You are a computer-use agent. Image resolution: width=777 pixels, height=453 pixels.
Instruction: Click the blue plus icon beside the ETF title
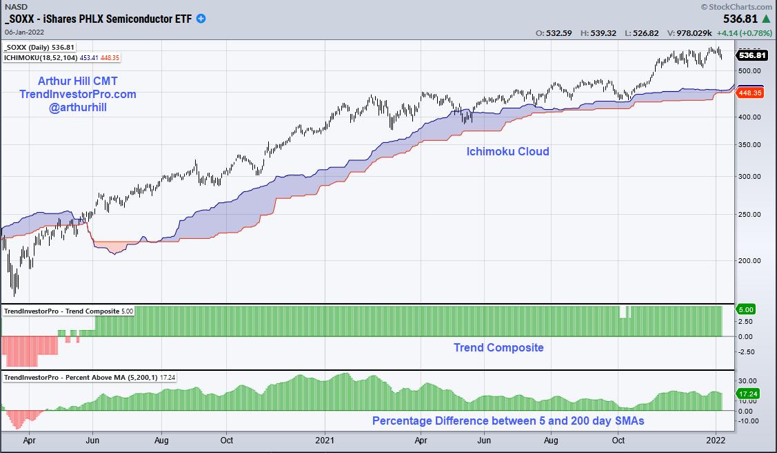pyautogui.click(x=201, y=19)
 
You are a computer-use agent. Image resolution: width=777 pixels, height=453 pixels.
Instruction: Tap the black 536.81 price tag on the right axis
pyautogui.click(x=751, y=55)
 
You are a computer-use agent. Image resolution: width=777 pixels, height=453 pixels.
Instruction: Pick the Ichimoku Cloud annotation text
pyautogui.click(x=507, y=151)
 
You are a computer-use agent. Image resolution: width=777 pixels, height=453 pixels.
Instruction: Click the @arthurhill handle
pyautogui.click(x=77, y=107)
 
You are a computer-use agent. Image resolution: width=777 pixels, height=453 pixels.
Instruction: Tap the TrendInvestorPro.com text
pyautogui.click(x=77, y=94)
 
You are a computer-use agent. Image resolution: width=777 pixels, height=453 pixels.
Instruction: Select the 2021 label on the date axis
pyautogui.click(x=324, y=439)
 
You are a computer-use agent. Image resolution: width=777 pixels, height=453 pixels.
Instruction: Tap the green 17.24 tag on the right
pyautogui.click(x=748, y=392)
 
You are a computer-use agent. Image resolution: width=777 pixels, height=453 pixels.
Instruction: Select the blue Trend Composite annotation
pyautogui.click(x=498, y=347)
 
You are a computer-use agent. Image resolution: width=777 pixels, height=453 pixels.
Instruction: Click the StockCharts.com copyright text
pyautogui.click(x=737, y=6)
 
